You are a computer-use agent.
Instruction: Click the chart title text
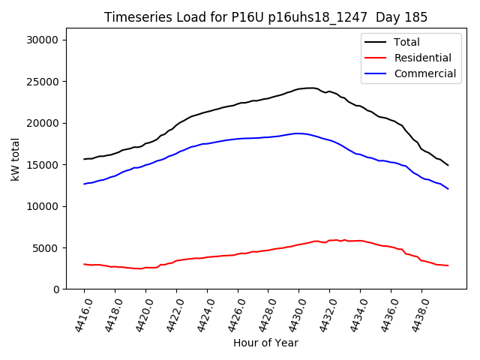point(265,17)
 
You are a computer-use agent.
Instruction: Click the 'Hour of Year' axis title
point(265,343)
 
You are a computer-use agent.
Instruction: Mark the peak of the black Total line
point(310,88)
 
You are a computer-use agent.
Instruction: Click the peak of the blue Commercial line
point(298,133)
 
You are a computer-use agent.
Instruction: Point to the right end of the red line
point(448,265)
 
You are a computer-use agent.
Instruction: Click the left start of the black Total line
point(84,159)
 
